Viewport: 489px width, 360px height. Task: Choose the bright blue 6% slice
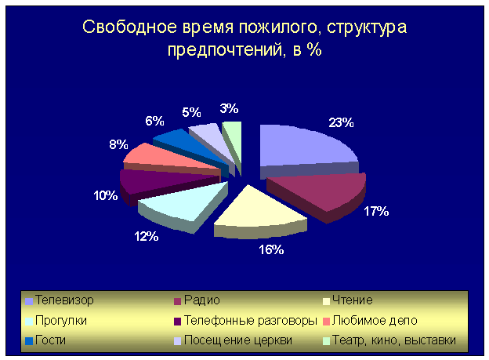187,147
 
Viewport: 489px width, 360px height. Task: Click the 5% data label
191,112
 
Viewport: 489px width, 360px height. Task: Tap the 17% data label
376,212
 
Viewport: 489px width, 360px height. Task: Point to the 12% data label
147,236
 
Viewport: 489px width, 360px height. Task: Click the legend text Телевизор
64,300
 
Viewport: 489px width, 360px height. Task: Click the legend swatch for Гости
29,341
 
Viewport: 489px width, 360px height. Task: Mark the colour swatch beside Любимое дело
326,322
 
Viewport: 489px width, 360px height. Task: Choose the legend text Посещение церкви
238,340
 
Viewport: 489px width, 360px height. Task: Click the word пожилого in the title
281,27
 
